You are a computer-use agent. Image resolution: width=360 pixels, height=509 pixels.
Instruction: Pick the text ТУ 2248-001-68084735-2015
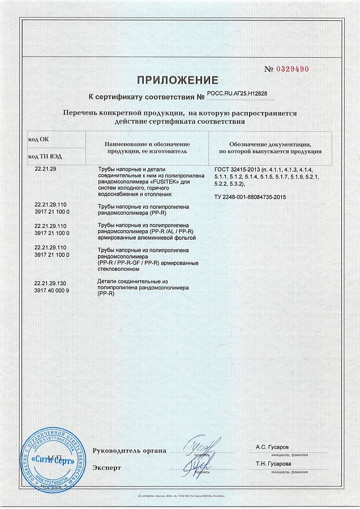pyautogui.click(x=251, y=197)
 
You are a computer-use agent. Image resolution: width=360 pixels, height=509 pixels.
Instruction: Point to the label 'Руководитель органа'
pyautogui.click(x=129, y=451)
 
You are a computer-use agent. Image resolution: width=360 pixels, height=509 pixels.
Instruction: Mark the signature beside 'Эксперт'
pyautogui.click(x=198, y=466)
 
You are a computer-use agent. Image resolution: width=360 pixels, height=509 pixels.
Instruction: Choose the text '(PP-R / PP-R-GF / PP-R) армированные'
pyautogui.click(x=148, y=263)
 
